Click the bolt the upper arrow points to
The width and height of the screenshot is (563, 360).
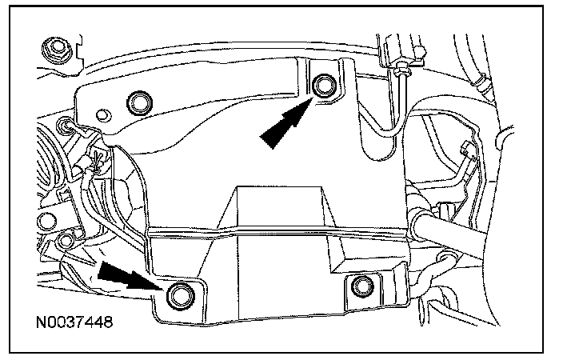pyautogui.click(x=324, y=86)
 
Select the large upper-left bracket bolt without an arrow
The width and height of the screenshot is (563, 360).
pyautogui.click(x=141, y=101)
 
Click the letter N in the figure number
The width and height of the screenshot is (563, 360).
pyautogui.click(x=40, y=325)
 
